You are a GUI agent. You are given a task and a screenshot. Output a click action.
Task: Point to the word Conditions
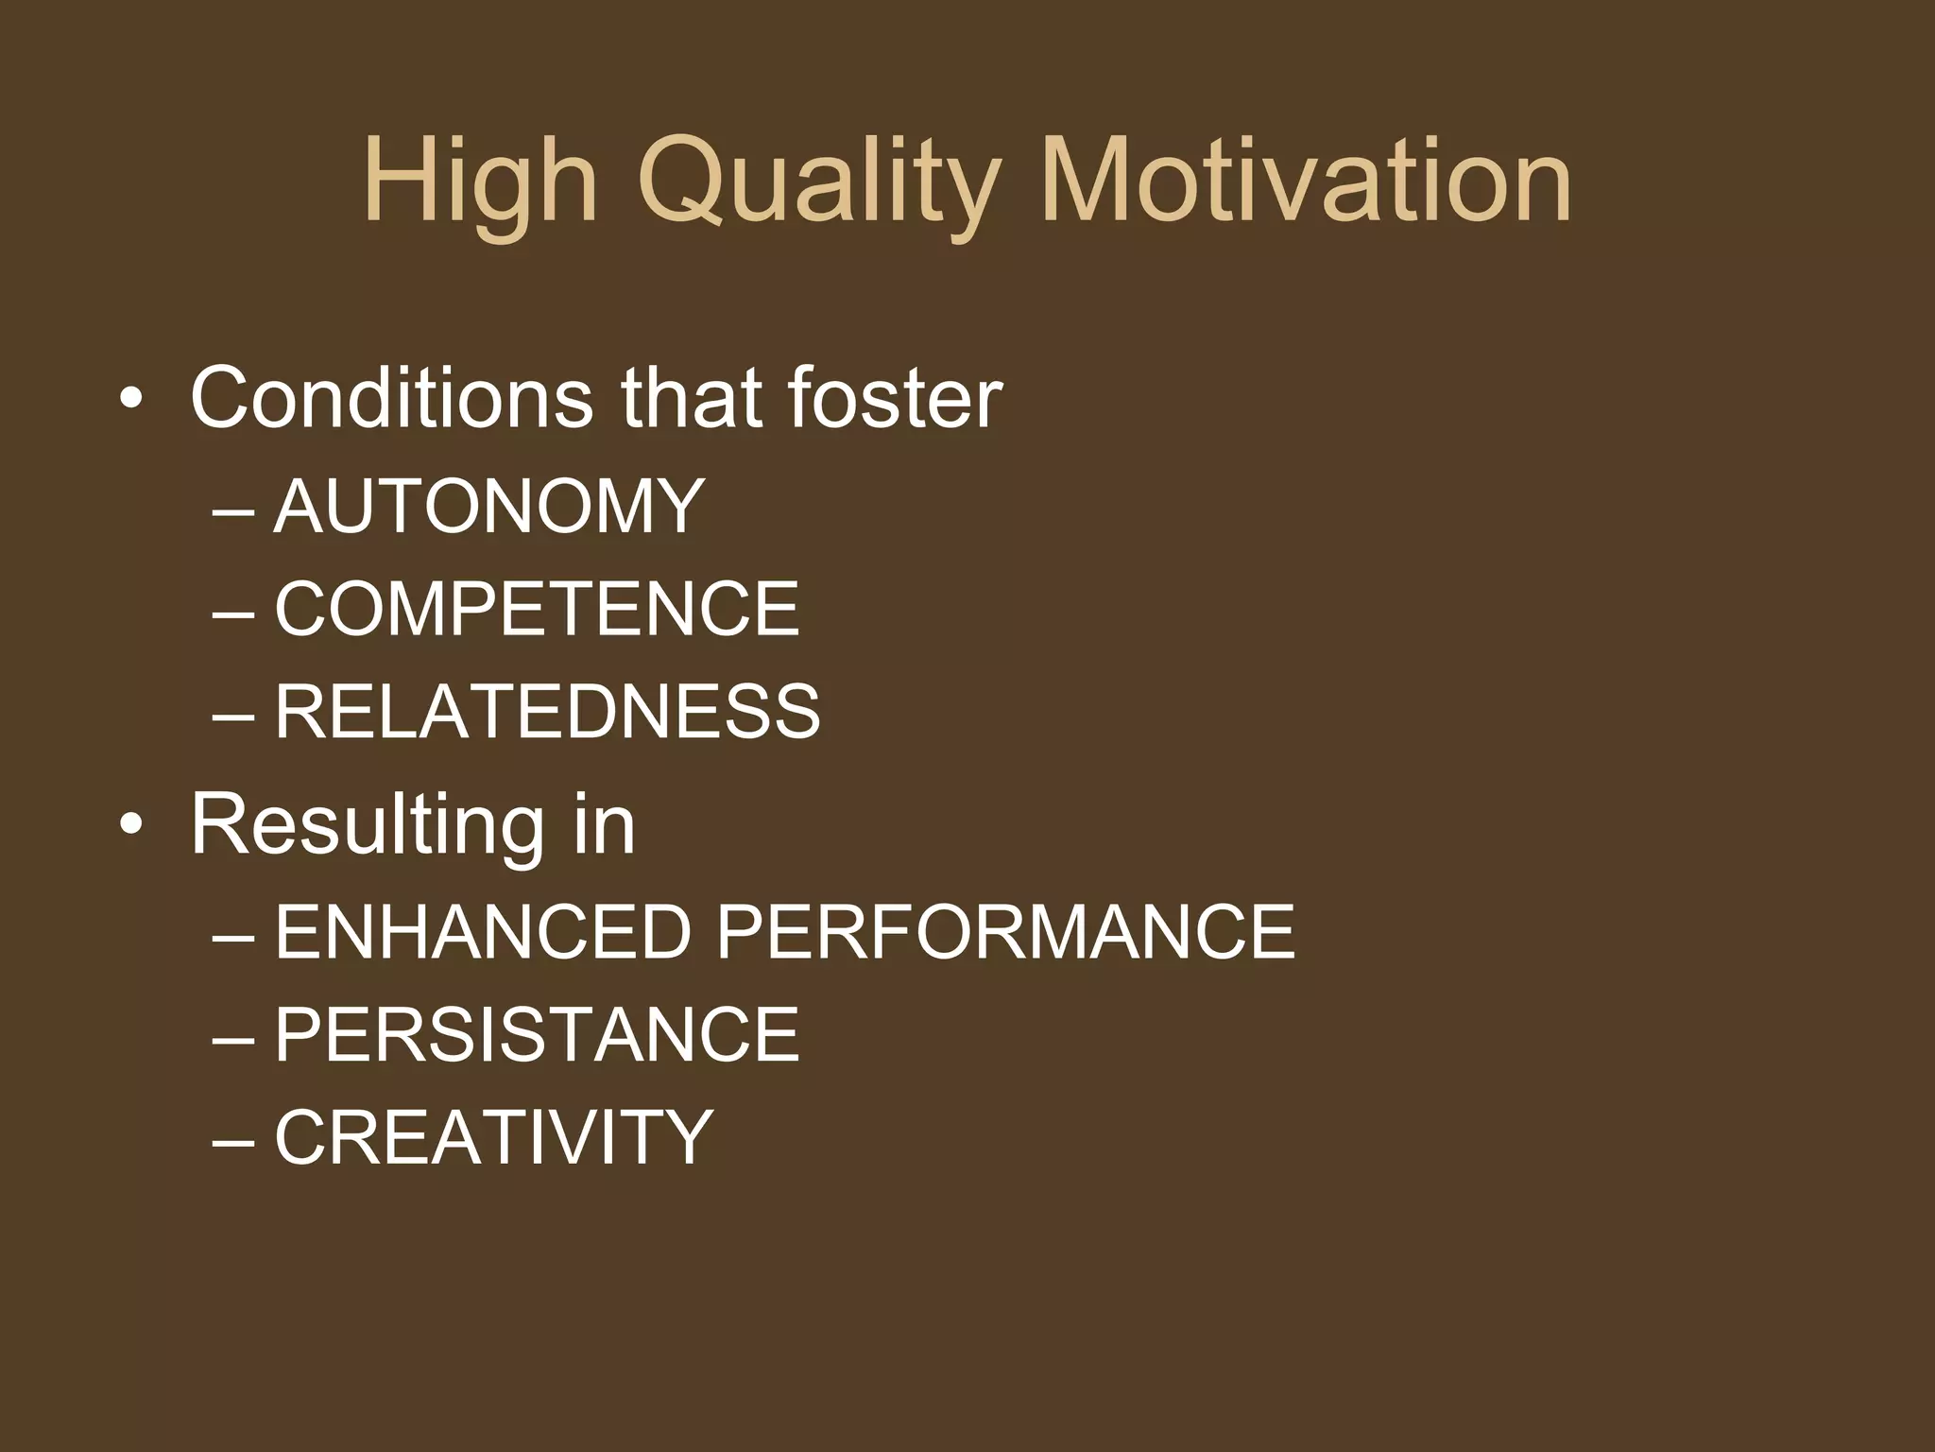[391, 398]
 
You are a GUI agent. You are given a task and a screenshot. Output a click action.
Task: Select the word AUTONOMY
[488, 507]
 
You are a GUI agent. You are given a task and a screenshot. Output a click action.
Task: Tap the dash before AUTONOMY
[233, 510]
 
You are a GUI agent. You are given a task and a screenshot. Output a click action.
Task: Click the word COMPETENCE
[537, 610]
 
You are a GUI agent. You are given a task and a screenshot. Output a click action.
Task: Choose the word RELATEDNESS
[547, 712]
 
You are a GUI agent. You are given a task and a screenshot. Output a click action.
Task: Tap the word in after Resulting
[604, 824]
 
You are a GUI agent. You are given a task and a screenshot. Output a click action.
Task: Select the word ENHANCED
[484, 932]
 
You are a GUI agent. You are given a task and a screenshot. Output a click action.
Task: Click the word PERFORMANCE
[1004, 932]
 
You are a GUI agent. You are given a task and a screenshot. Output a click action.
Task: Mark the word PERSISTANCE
[537, 1035]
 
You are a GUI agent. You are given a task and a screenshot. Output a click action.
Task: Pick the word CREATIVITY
[493, 1137]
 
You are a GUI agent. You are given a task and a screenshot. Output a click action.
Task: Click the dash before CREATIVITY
[233, 1141]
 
